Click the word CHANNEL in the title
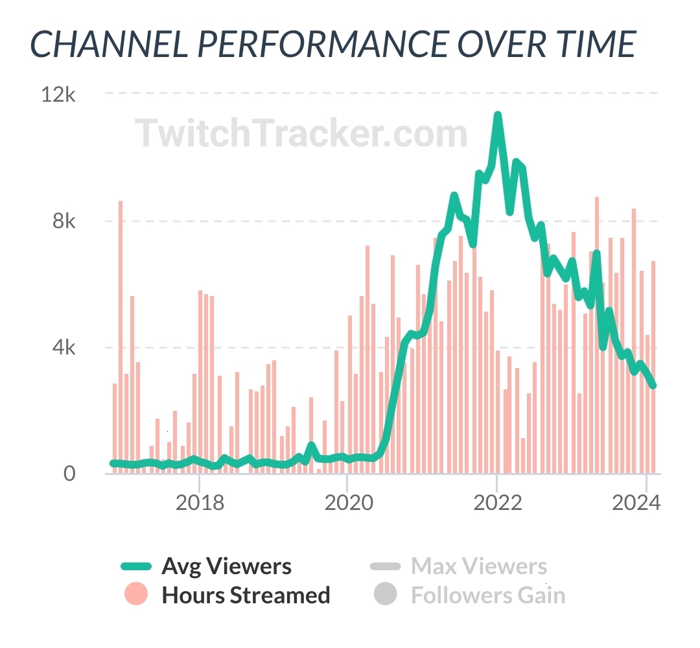coord(108,44)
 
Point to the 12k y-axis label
coord(58,95)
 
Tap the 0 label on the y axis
coord(69,474)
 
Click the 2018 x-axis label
coord(200,502)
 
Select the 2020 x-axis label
coord(348,502)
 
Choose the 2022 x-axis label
coord(497,502)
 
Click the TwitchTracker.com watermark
coord(301,133)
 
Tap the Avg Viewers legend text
coord(227,566)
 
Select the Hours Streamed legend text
coord(246,595)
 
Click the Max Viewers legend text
coord(479,566)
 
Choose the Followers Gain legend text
coord(488,595)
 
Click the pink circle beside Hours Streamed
coord(135,594)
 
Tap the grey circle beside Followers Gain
coord(385,594)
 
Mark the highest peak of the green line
coord(497,115)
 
